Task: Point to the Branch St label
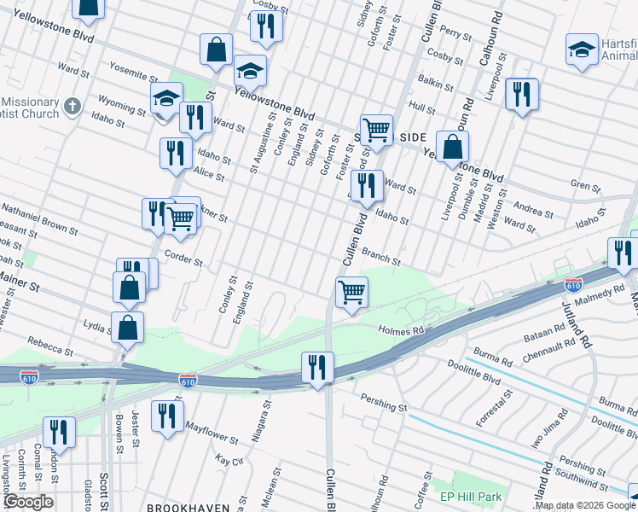coord(380,252)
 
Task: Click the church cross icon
coord(72,107)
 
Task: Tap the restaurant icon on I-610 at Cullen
coord(317,367)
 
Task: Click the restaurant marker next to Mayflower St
coord(167,416)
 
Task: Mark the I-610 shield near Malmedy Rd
coord(573,282)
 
